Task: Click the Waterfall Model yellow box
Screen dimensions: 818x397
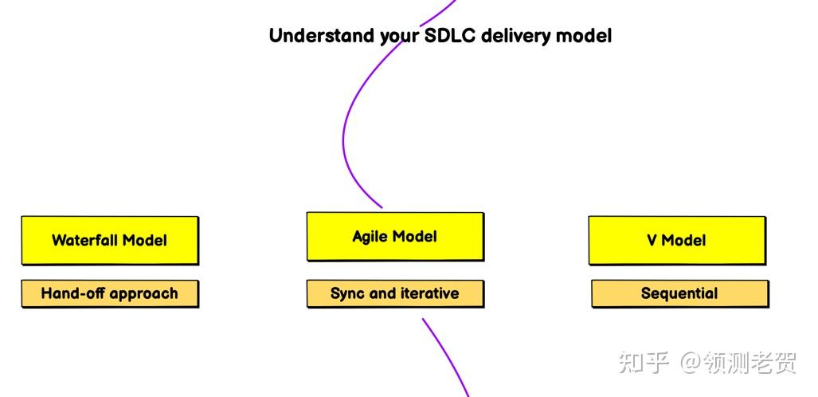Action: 110,240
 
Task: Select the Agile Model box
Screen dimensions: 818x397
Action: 395,237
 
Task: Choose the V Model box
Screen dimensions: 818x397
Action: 677,240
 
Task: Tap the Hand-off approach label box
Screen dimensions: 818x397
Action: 110,293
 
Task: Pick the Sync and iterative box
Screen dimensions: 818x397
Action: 395,293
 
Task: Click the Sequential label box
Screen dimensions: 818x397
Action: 679,293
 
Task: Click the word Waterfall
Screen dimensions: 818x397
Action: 84,240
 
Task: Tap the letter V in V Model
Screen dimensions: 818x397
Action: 652,241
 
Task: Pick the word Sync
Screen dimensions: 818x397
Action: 347,293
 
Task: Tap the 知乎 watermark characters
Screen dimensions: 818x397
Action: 644,363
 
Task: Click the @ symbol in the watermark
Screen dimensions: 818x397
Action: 691,363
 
